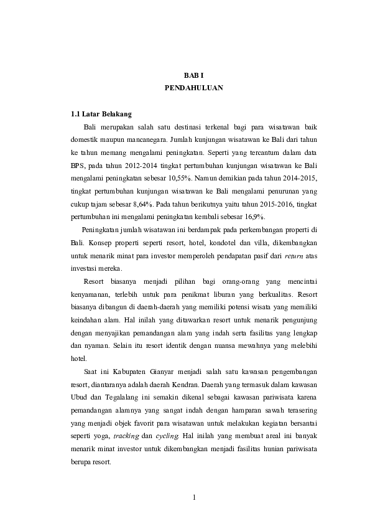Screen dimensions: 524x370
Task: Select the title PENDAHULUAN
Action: point(194,88)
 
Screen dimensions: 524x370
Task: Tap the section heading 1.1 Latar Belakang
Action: point(101,115)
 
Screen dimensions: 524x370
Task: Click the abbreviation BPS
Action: point(79,164)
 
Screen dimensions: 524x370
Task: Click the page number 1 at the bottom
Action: point(194,497)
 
